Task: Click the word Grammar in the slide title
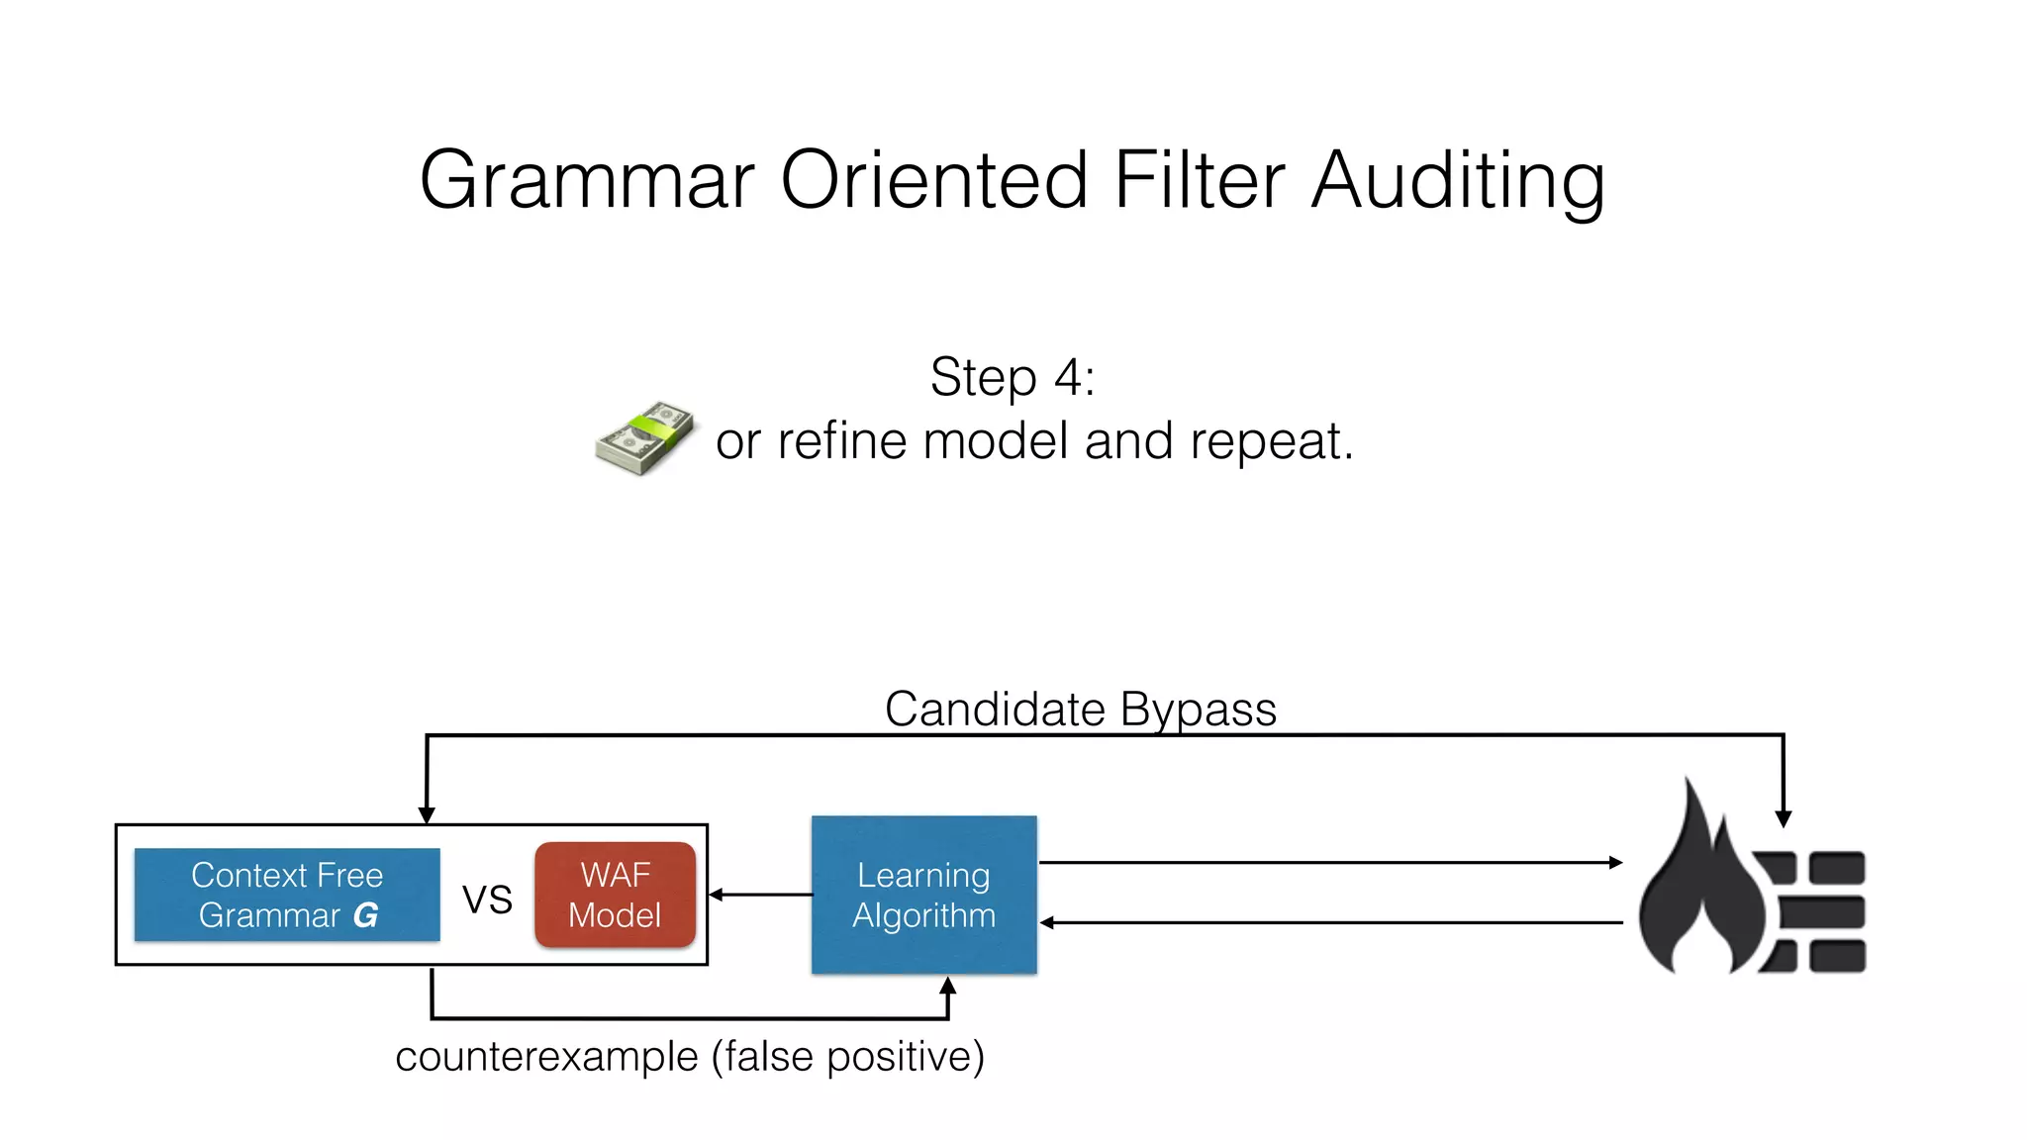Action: point(587,181)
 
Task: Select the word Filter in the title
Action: point(1200,181)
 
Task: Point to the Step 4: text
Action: point(1012,377)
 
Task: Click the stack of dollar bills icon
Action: point(644,437)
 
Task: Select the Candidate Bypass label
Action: point(1080,710)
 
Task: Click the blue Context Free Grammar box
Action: point(287,895)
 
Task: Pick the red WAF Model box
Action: point(615,895)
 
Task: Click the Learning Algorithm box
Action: point(923,895)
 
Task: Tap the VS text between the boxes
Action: point(487,900)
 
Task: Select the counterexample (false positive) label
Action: point(689,1057)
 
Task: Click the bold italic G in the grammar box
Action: point(365,915)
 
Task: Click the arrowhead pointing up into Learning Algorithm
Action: point(947,986)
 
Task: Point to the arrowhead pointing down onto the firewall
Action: point(1783,818)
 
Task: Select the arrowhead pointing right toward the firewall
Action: point(1615,863)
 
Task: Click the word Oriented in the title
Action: point(934,181)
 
